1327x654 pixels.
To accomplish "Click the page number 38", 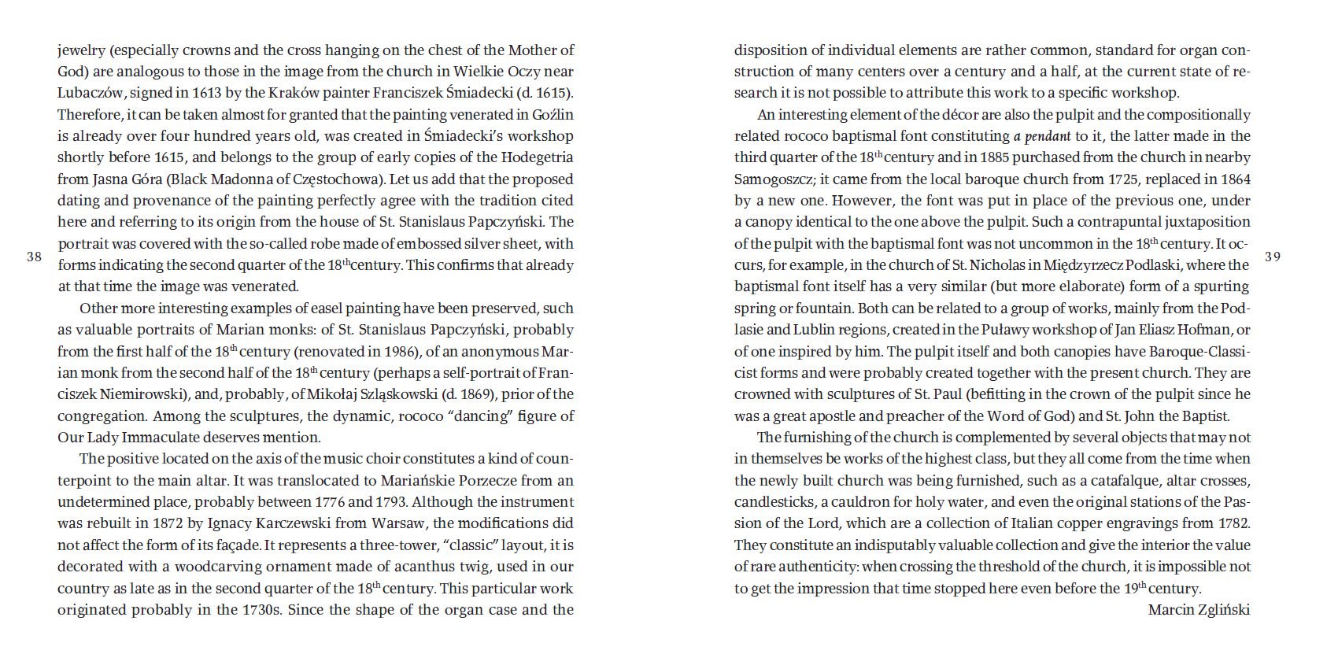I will tap(34, 257).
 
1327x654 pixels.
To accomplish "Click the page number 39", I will tap(1272, 257).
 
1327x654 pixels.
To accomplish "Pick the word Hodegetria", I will tap(537, 157).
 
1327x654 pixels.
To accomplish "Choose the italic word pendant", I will tap(1048, 136).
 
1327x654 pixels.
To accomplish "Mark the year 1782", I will tap(1232, 523).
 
